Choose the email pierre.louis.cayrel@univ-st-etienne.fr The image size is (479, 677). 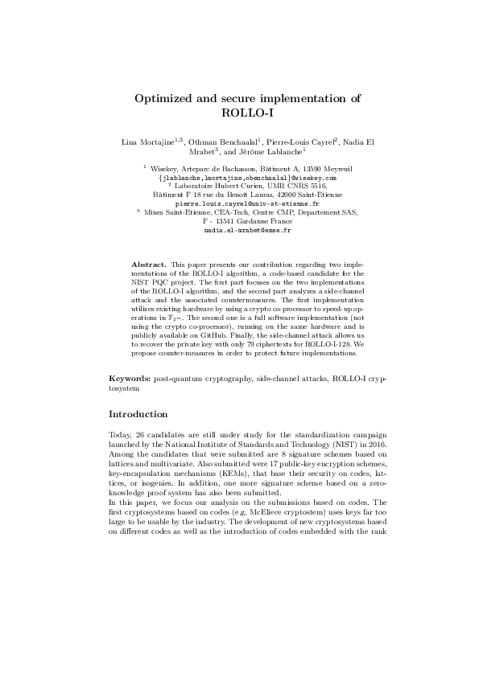point(239,204)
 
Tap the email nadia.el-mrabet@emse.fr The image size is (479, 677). point(239,230)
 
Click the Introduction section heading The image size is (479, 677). point(138,415)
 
